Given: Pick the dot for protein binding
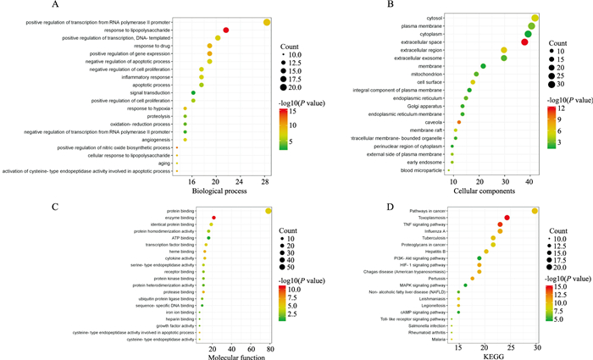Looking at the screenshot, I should coord(269,210).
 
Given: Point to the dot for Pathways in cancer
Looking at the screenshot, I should coord(535,211).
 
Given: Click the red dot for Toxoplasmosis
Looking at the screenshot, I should coord(507,218).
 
